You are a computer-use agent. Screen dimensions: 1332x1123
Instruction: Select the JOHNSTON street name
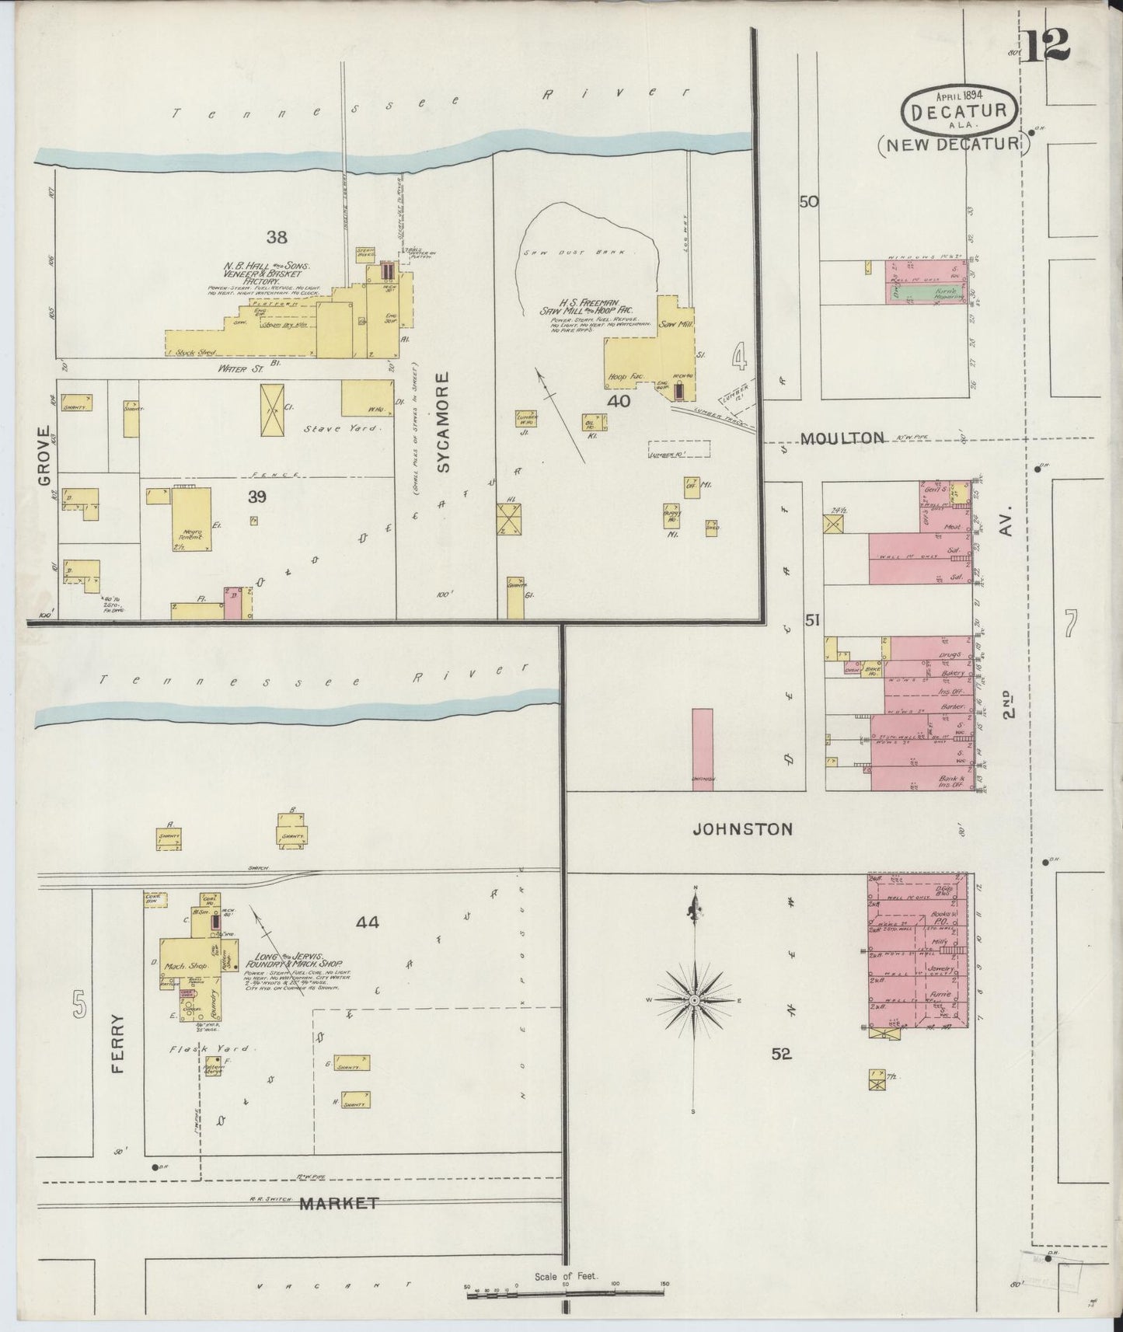742,829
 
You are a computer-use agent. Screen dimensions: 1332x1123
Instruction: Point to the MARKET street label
339,1225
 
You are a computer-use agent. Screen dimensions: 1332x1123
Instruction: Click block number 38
276,236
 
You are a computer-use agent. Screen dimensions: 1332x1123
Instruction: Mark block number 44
368,922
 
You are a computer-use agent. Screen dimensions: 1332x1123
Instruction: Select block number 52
781,1054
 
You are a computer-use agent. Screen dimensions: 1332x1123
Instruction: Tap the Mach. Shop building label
183,964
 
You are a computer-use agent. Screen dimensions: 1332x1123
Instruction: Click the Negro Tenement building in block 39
191,519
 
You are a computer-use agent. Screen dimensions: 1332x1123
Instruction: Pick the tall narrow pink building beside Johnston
703,749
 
